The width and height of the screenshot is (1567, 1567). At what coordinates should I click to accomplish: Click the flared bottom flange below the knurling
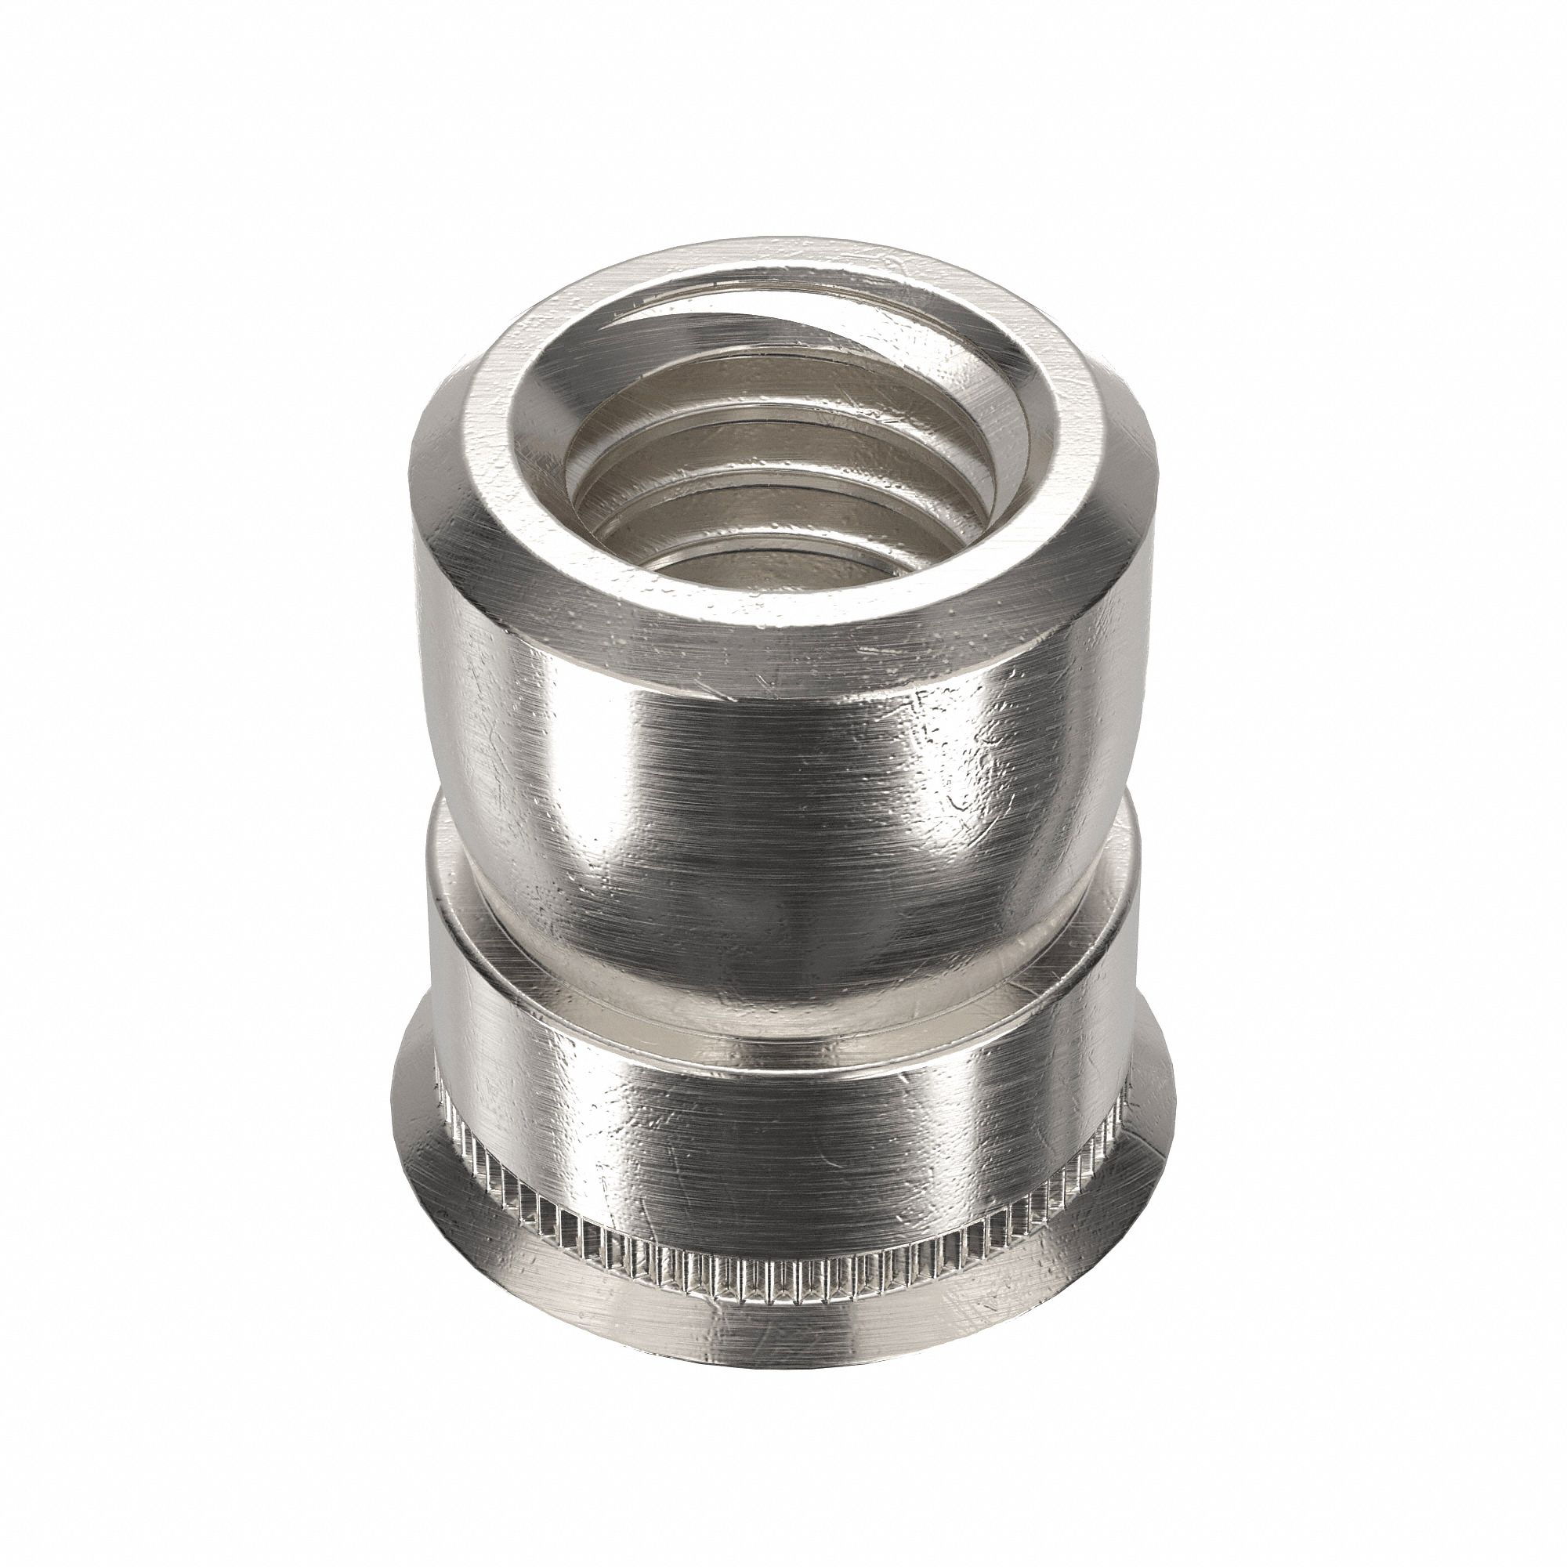pyautogui.click(x=779, y=1330)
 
